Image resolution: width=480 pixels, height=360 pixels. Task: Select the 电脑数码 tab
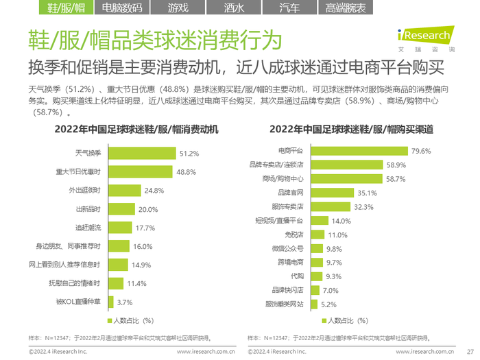[x=121, y=8]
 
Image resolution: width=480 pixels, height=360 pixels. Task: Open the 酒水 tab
[x=233, y=8]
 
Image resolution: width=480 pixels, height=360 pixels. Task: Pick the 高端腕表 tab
[x=346, y=8]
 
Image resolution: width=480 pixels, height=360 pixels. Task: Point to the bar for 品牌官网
[x=331, y=193]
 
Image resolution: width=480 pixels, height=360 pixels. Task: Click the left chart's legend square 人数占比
[x=108, y=320]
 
